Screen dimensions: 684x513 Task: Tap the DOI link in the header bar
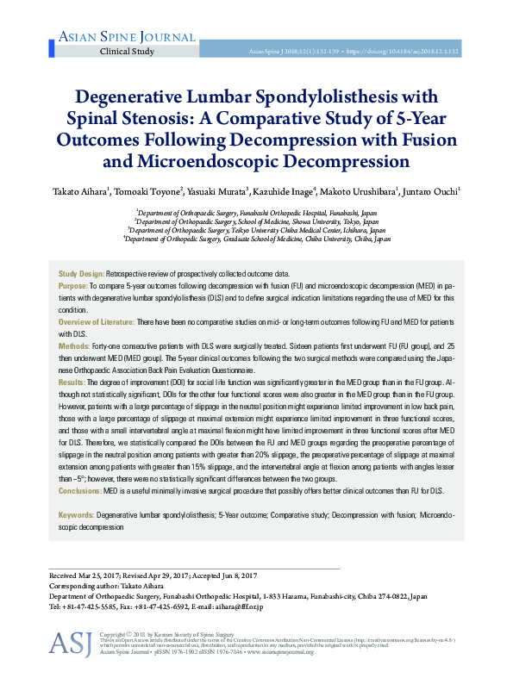pyautogui.click(x=403, y=52)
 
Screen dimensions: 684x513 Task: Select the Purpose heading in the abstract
pyautogui.click(x=72, y=284)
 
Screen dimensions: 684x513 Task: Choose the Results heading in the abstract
pyautogui.click(x=72, y=381)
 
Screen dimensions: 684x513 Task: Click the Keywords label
pyautogui.click(x=76, y=514)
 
